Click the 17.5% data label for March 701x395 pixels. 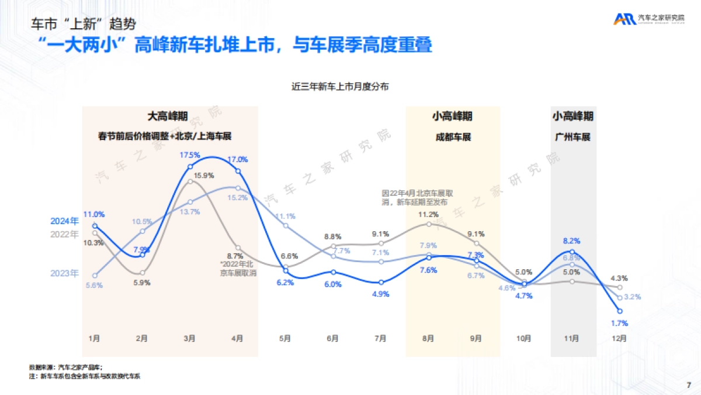(x=190, y=155)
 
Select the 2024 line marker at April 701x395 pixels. (x=237, y=170)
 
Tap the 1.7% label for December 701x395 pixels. (x=619, y=323)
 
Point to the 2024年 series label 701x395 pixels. (x=64, y=221)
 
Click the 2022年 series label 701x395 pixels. (x=64, y=234)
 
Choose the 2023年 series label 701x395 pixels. (x=64, y=273)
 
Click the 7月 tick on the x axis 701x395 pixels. (x=380, y=338)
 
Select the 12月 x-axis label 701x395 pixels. (x=620, y=338)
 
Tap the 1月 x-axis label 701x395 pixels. (x=94, y=338)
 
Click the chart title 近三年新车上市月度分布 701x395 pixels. (x=341, y=87)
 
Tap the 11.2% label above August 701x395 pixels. (x=429, y=214)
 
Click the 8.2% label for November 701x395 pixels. (x=572, y=241)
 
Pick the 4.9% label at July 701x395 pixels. (x=380, y=294)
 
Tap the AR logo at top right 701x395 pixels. (x=624, y=19)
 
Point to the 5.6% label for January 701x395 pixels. (x=94, y=285)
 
